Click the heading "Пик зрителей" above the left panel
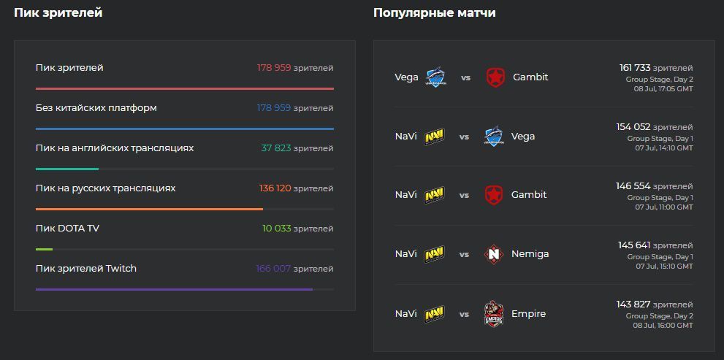point(58,12)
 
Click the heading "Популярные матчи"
point(434,12)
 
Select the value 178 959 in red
point(274,68)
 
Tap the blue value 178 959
point(274,108)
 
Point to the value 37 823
point(276,148)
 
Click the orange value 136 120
point(275,188)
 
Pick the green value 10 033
point(277,229)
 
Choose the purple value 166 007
point(273,269)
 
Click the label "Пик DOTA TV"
point(67,229)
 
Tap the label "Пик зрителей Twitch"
point(85,269)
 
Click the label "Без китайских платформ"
point(96,108)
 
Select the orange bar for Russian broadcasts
point(149,209)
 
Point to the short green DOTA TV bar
point(44,249)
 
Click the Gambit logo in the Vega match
point(496,77)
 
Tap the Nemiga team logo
point(495,254)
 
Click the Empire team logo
point(495,314)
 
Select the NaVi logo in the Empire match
point(435,314)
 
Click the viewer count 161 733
point(634,68)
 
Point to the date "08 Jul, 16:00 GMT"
point(663,326)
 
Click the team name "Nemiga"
point(530,254)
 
